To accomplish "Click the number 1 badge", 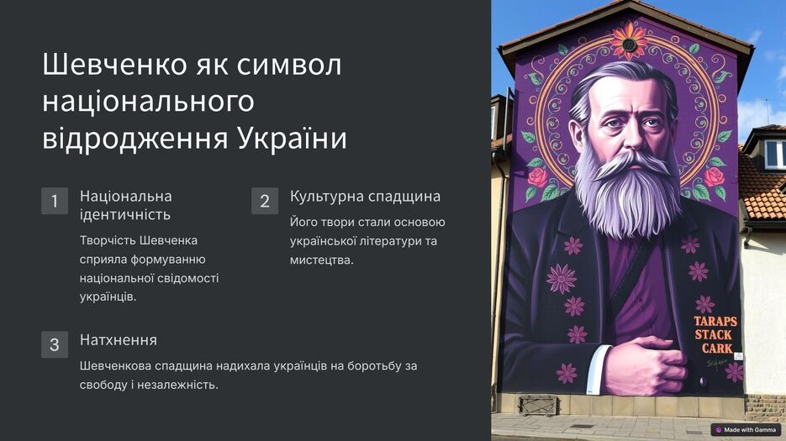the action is pos(55,201).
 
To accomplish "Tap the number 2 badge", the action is pos(265,201).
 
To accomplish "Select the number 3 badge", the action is pos(55,344).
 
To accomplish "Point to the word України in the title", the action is pos(292,139).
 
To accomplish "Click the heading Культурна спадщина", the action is pos(365,196).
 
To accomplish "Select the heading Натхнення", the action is pos(119,339).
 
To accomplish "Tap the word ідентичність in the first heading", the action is pos(125,214).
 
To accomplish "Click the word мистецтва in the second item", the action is pos(321,260).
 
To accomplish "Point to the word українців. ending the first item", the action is pos(108,297).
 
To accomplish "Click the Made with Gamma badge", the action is pos(746,430).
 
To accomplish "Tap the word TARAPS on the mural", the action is pos(715,321).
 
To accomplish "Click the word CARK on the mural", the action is pos(717,348).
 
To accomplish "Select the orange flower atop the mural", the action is pos(629,41).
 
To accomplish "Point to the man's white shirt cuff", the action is pos(598,369).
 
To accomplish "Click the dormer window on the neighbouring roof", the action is pos(774,155).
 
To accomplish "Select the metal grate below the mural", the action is pos(538,405).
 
